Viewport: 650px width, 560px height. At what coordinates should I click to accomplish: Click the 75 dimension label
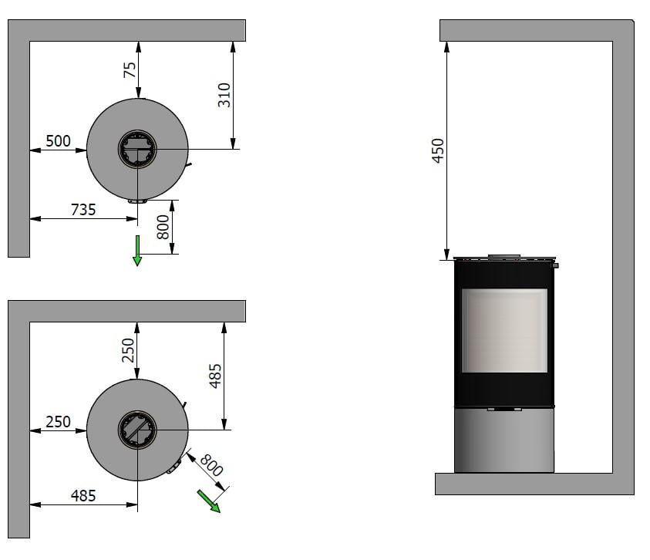point(130,69)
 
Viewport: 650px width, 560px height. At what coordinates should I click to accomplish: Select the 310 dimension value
point(224,95)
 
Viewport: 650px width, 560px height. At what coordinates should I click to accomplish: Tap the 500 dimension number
point(58,141)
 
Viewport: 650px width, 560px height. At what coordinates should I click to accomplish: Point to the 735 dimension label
point(83,210)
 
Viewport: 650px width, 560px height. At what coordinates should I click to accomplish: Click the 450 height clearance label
point(438,150)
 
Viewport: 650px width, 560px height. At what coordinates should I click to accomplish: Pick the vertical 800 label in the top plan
point(163,227)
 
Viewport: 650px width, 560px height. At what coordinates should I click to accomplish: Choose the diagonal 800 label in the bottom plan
point(211,465)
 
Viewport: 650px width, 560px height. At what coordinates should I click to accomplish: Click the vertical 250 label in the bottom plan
point(128,350)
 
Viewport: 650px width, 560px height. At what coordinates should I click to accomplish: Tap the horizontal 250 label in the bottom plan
point(58,422)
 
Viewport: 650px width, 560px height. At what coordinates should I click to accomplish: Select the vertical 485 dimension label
point(215,376)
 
